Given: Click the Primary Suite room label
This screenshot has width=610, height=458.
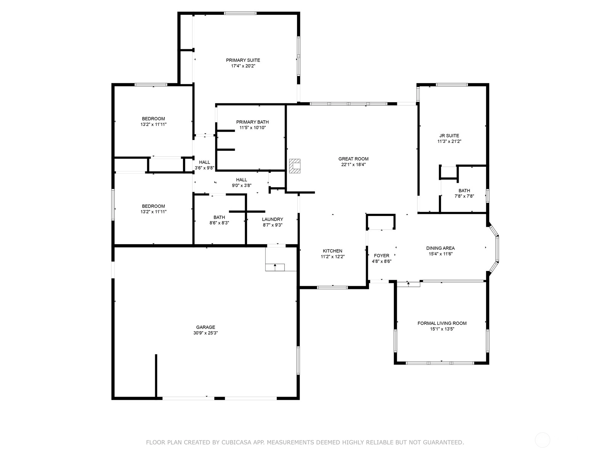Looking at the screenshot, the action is coord(243,60).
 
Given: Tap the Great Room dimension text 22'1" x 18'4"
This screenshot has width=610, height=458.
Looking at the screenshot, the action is coord(353,164).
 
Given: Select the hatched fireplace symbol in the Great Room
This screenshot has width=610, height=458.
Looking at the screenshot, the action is coord(295,166).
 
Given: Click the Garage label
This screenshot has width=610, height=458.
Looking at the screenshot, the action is coord(205,327).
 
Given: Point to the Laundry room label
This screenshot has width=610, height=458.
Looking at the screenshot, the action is coord(272,219).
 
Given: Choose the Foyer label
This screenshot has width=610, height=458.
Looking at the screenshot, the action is coord(381,256).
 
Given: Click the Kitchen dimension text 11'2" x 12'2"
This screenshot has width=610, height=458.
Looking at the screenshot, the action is coord(332,256).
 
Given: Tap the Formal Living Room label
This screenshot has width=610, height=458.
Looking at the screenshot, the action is coord(442,323).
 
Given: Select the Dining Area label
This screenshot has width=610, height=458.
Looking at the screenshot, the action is coord(440,248).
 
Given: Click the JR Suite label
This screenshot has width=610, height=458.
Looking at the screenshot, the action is coord(449,136).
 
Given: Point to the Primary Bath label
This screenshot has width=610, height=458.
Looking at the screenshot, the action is coord(252,122).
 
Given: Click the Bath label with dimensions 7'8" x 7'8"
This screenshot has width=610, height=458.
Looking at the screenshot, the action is coord(464,190).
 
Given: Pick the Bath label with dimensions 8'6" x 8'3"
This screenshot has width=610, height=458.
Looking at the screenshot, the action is coord(219,217).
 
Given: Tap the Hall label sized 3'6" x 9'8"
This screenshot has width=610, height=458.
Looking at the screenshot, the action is coord(204,162).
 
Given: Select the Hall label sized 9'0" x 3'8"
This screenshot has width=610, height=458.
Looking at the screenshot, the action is coord(241,180).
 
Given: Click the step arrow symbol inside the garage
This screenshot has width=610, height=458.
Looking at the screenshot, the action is coord(275,267).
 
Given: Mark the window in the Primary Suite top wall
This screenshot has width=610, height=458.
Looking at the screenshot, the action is coord(240,13).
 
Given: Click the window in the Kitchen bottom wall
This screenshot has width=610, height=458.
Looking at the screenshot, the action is coord(332,287).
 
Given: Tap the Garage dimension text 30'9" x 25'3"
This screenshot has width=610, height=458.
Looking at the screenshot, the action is coord(205,333).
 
